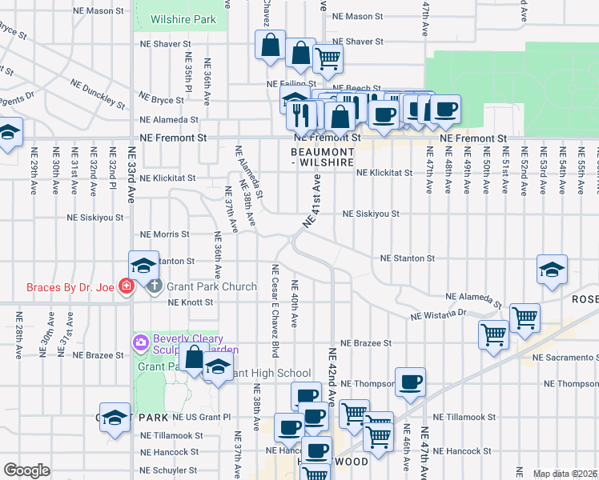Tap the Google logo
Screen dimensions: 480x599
point(26,470)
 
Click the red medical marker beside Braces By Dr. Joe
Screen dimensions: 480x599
point(126,286)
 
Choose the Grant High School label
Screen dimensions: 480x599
point(271,373)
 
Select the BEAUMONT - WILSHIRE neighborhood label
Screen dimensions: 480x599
point(322,156)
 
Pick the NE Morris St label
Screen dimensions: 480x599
point(164,234)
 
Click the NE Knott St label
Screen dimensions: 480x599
point(191,302)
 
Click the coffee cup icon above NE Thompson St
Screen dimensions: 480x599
point(410,382)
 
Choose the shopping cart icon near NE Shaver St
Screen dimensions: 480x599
point(328,57)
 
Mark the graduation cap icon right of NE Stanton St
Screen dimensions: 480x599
point(552,270)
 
